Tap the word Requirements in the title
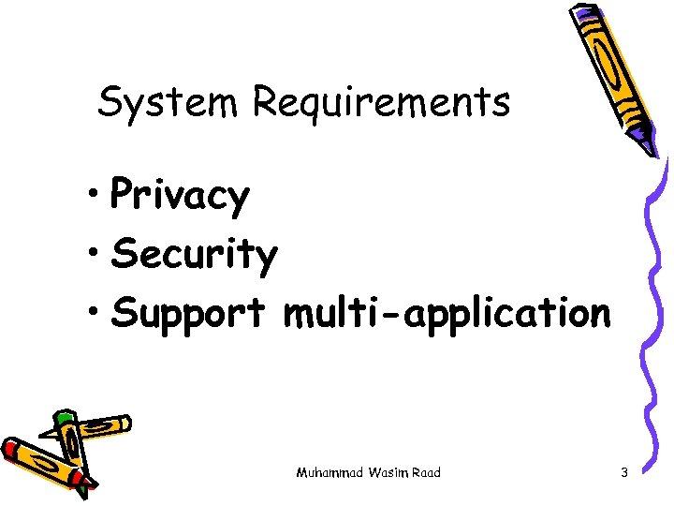pos(381,103)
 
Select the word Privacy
pos(180,197)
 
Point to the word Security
pos(195,255)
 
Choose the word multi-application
pos(447,313)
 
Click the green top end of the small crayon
pos(65,419)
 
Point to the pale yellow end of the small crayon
pos(122,424)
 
